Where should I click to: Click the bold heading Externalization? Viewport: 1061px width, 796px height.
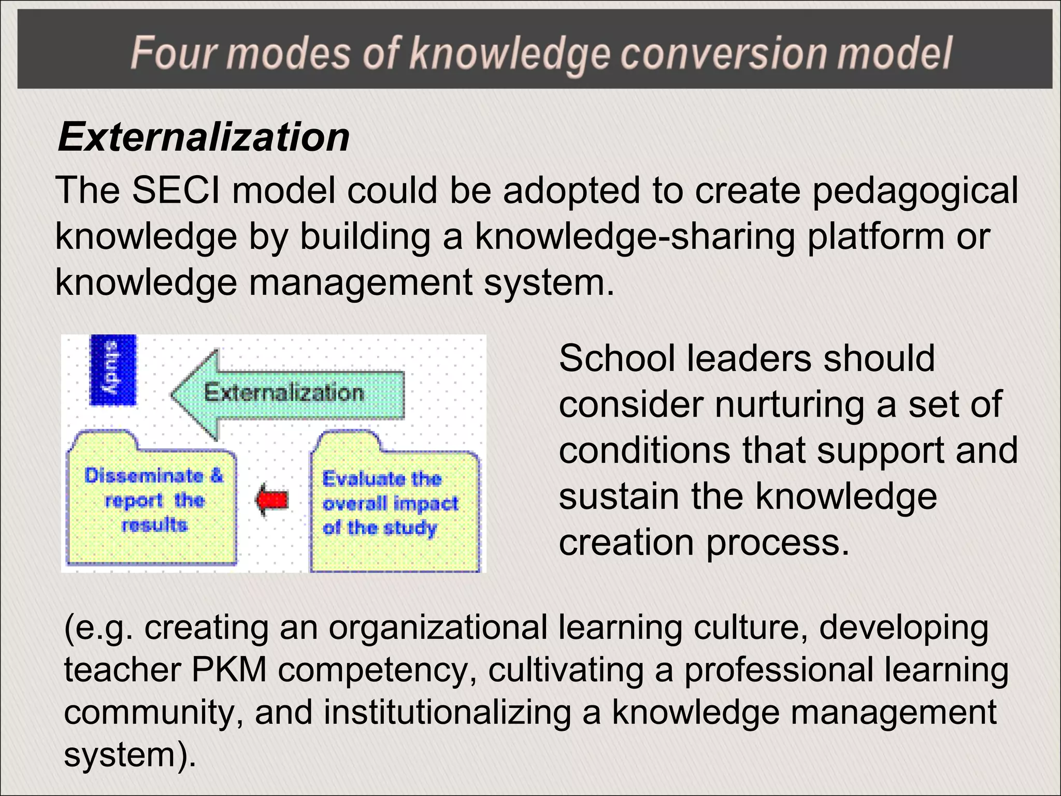coord(204,137)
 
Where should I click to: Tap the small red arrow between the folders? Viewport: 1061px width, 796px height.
coord(271,500)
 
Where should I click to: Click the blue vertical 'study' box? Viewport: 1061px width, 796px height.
coord(113,370)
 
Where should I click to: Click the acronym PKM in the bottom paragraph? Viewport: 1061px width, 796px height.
coord(229,669)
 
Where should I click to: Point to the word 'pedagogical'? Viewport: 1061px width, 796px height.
coord(915,190)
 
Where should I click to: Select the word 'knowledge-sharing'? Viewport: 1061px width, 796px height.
coord(635,236)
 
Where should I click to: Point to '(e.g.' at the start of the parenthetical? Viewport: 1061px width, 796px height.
coord(98,628)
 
